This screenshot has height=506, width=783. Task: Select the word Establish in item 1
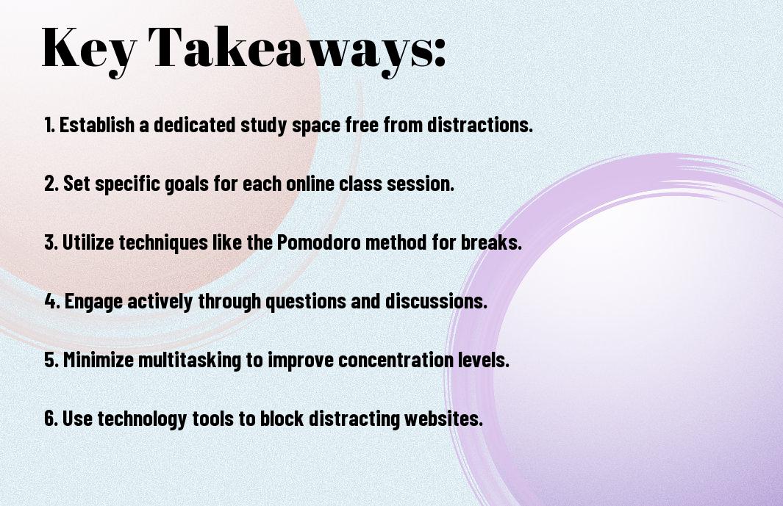[x=97, y=125]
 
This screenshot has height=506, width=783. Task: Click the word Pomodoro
[x=318, y=242]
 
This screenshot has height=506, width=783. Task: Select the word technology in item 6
[x=142, y=419]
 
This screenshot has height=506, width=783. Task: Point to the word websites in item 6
[x=443, y=418]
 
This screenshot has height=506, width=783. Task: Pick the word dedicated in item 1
[x=194, y=125]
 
